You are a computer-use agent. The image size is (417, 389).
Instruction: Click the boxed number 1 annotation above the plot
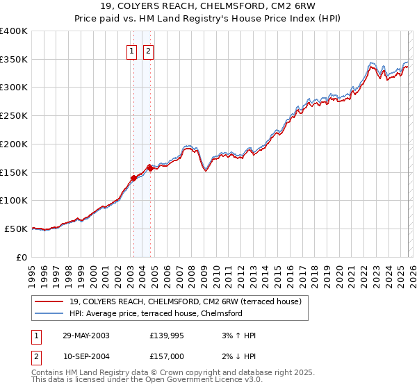pyautogui.click(x=132, y=50)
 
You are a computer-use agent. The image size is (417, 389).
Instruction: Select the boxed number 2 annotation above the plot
pyautogui.click(x=149, y=50)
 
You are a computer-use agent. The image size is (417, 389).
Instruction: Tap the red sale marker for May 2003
pyautogui.click(x=133, y=178)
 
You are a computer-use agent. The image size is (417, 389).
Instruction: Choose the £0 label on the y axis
pyautogui.click(x=22, y=257)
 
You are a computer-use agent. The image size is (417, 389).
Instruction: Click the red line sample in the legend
pyautogui.click(x=49, y=301)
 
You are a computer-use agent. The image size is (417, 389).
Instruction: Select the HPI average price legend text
pyautogui.click(x=156, y=313)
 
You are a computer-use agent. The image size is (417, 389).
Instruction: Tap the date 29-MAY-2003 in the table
pyautogui.click(x=86, y=336)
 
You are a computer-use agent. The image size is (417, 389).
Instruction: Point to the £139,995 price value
pyautogui.click(x=167, y=336)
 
